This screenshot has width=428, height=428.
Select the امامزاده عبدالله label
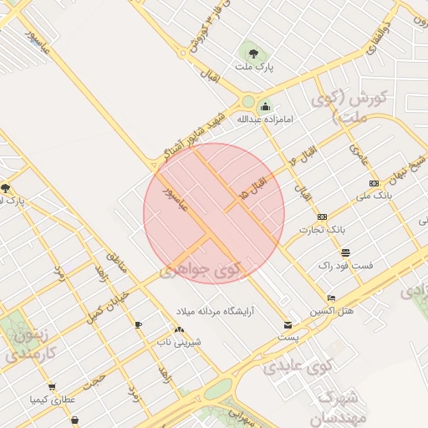pyautogui.click(x=265, y=120)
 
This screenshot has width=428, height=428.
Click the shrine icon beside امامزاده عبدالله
pyautogui.click(x=265, y=106)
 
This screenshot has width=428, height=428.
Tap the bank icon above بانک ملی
pyautogui.click(x=373, y=183)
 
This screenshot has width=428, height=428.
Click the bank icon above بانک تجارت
pyautogui.click(x=322, y=217)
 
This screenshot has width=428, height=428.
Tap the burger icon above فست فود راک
pyautogui.click(x=345, y=252)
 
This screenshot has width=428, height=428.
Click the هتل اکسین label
pyautogui.click(x=333, y=310)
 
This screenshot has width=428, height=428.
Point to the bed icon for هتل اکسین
pyautogui.click(x=332, y=298)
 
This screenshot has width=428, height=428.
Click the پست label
pyautogui.click(x=288, y=337)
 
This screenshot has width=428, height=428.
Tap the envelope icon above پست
pyautogui.click(x=288, y=324)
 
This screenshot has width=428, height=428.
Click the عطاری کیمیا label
pyautogui.click(x=52, y=400)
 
